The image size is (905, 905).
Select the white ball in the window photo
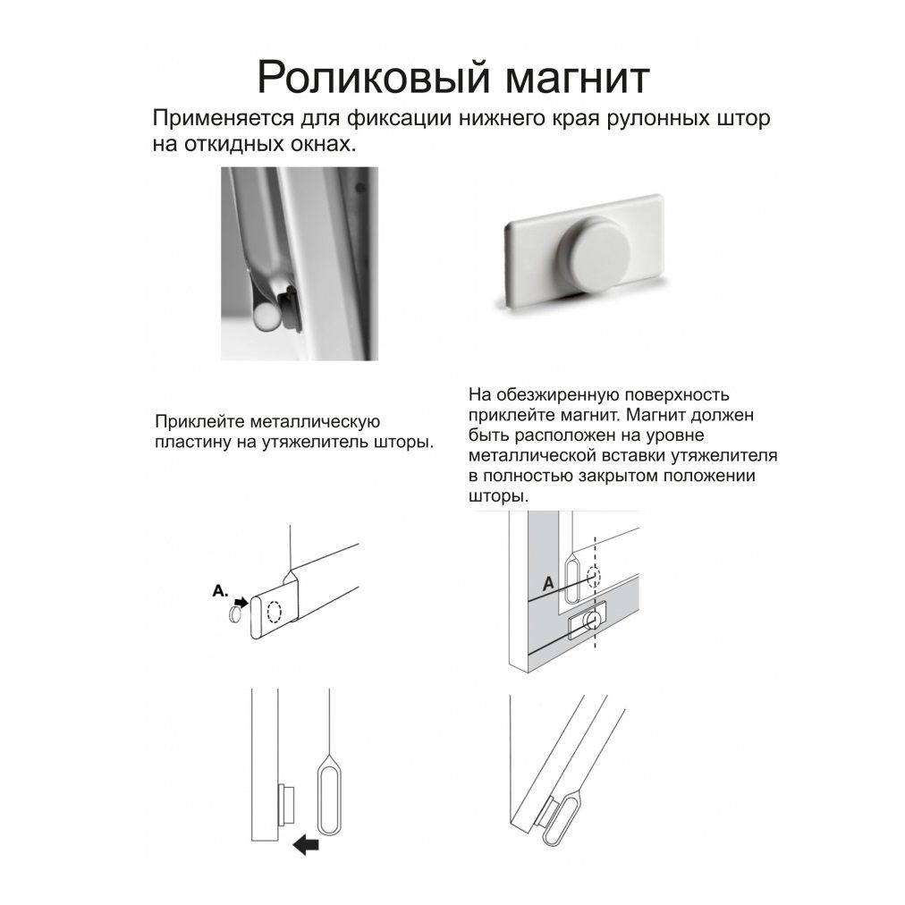(x=265, y=318)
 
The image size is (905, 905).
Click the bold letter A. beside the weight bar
(x=220, y=591)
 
